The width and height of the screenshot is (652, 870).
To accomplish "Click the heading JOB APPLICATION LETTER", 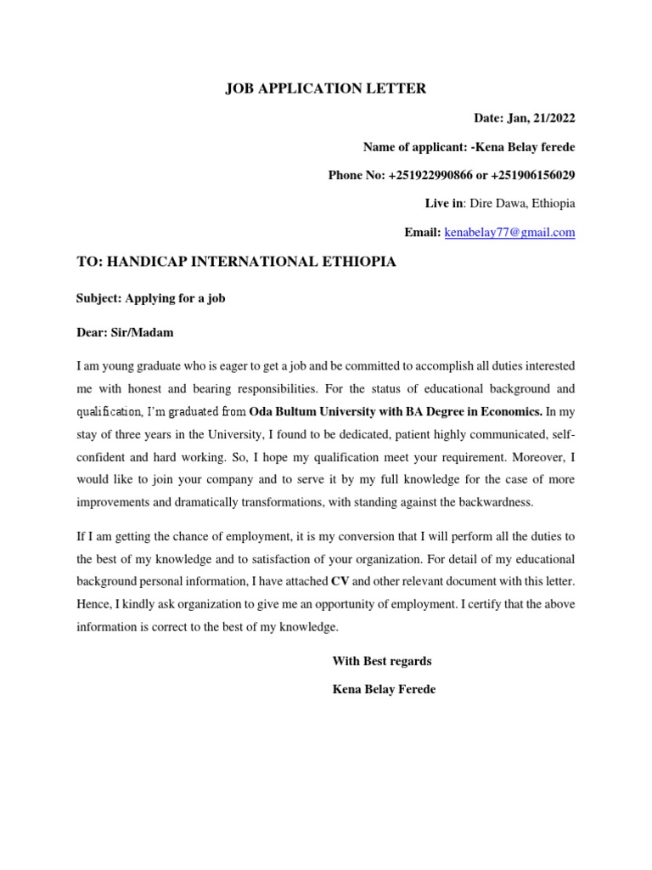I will tap(325, 88).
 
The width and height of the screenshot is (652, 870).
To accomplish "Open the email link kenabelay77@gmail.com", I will tap(510, 232).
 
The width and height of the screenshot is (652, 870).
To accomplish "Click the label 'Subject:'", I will tap(99, 300).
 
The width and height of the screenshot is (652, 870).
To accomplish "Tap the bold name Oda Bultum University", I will tap(316, 412).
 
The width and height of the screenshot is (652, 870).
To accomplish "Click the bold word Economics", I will tap(506, 412).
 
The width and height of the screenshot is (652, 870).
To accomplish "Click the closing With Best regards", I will tap(382, 660).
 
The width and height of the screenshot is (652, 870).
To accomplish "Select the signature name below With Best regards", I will tap(384, 689).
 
